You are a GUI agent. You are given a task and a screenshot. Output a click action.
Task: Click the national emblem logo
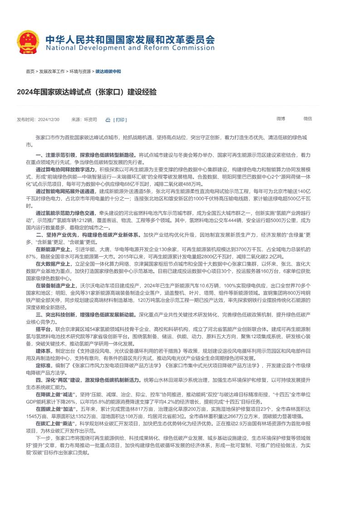(29, 42)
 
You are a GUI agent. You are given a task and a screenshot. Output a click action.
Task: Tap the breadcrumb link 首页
(30, 72)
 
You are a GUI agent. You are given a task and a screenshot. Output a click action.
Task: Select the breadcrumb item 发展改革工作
(52, 72)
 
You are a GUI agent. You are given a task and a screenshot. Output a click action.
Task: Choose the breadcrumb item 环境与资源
(80, 72)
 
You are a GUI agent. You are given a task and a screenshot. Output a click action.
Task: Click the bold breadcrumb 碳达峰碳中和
(108, 72)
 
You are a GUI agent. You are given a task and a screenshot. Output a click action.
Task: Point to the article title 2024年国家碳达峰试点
(87, 92)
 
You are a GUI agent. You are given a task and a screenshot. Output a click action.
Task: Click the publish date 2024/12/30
(49, 119)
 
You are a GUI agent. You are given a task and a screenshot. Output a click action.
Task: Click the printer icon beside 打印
(108, 120)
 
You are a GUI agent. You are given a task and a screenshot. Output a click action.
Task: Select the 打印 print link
(120, 120)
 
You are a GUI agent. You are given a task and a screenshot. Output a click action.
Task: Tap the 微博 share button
(281, 118)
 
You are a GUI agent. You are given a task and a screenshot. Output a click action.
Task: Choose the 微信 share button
(308, 118)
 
